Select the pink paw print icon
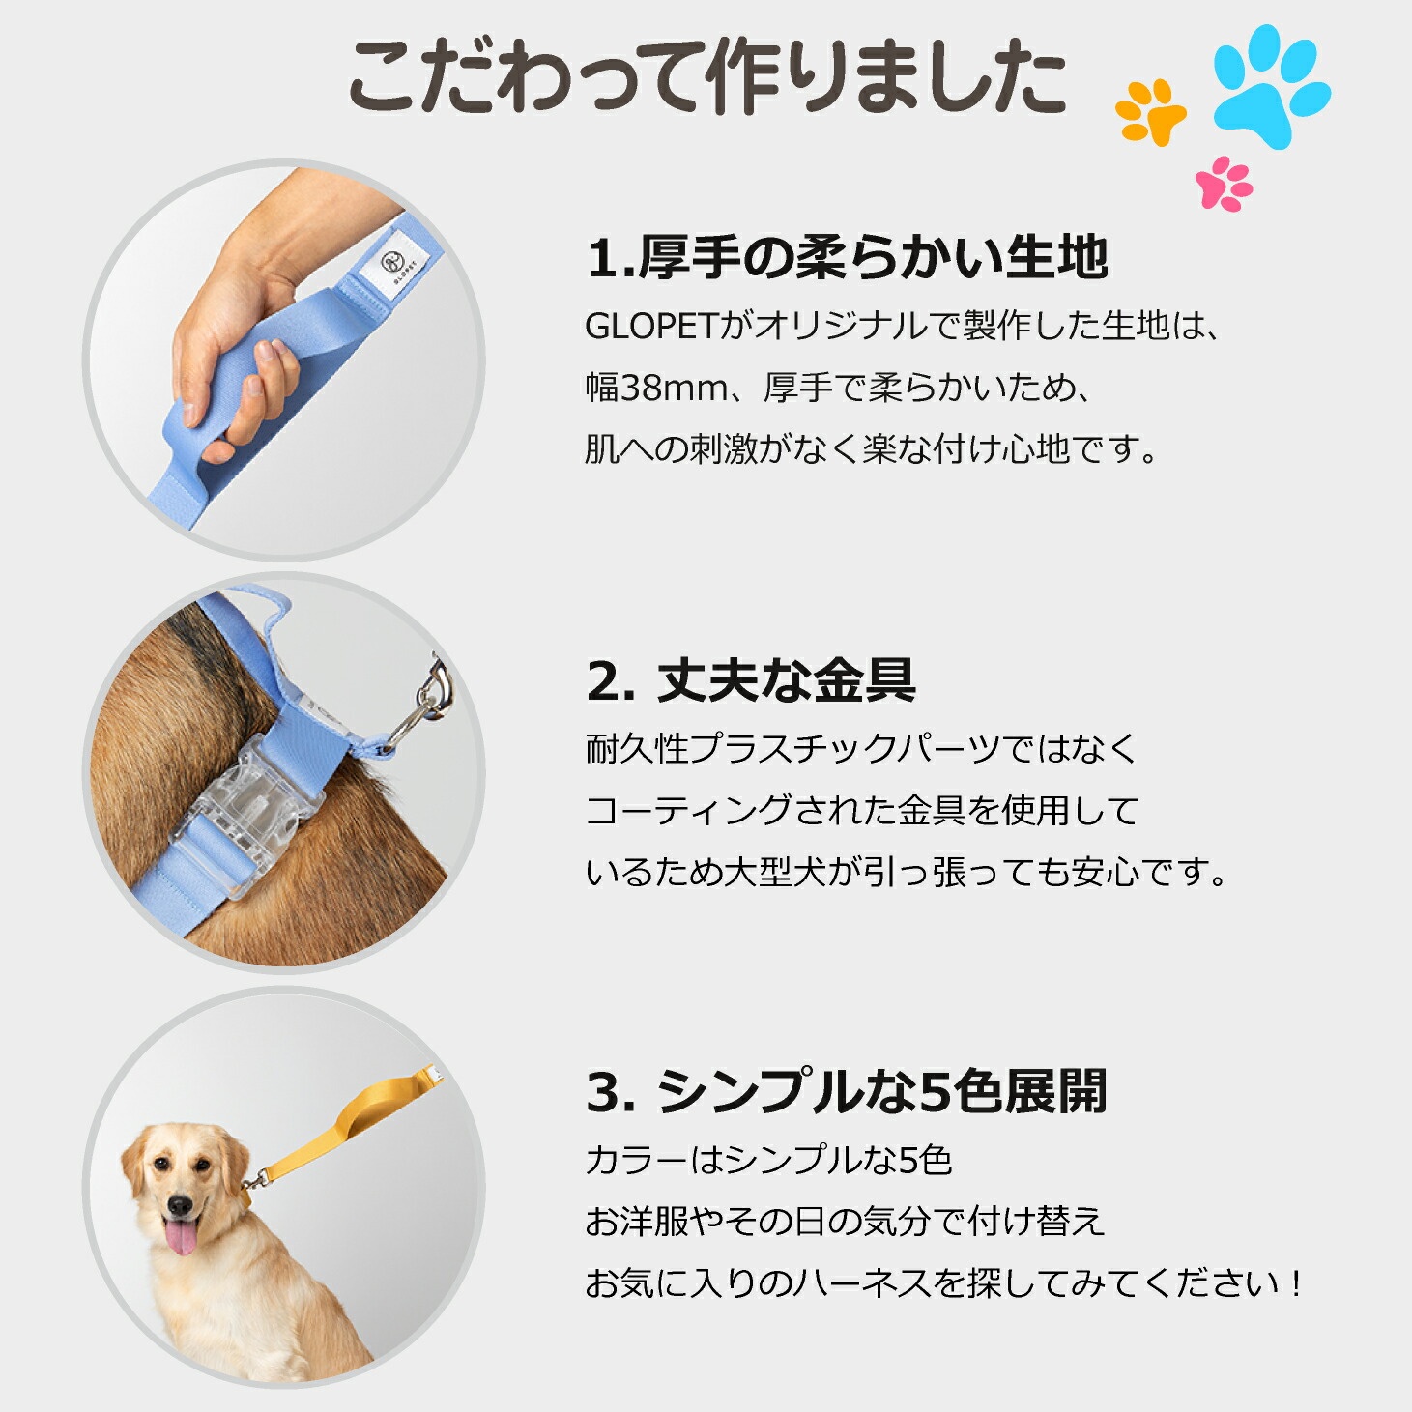pos(1224,184)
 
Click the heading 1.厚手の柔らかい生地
pos(847,259)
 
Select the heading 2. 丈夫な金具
pos(750,680)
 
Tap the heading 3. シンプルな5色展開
pos(847,1092)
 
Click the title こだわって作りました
pos(707,77)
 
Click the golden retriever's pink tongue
pos(180,1236)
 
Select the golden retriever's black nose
pos(179,1205)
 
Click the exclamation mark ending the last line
pos(1296,1283)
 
